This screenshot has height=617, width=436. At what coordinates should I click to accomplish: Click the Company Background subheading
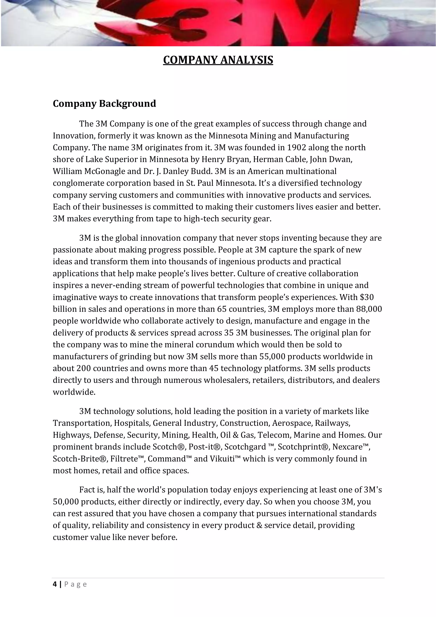[104, 104]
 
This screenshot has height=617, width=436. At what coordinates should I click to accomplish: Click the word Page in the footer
[76, 584]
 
